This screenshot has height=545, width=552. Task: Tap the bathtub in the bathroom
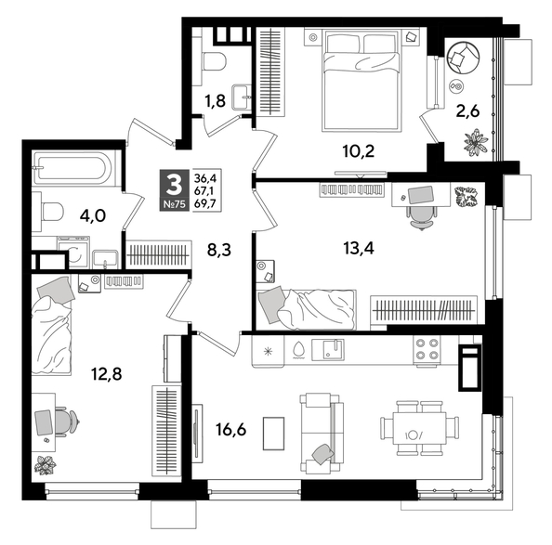(72, 170)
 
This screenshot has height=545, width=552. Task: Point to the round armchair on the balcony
(461, 58)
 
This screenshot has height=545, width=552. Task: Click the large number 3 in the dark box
(173, 181)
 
